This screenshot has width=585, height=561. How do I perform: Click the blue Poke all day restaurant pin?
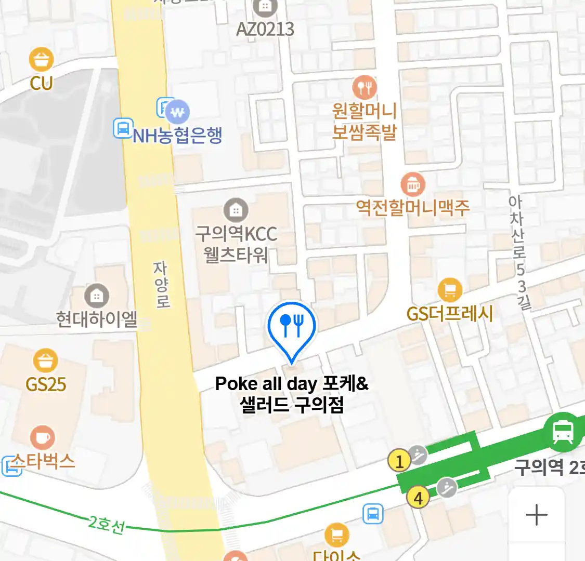pos(292,327)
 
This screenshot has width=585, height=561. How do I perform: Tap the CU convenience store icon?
pos(42,60)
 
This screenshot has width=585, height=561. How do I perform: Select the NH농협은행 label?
pos(177,136)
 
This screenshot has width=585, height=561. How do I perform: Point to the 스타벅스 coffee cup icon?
pos(43,438)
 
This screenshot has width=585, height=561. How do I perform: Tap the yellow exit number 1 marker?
pos(399,461)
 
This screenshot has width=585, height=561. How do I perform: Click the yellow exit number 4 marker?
pos(418,498)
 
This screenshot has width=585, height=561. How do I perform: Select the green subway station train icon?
pos(563,432)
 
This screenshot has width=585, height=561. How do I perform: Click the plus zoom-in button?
pos(536,515)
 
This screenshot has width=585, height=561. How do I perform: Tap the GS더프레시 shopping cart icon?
pos(450,290)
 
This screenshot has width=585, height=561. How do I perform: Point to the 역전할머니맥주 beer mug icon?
pos(413,184)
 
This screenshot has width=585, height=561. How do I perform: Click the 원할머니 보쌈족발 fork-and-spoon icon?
pos(365,87)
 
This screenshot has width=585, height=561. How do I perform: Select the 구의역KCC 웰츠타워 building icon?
pos(236,210)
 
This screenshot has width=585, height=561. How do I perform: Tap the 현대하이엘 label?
pos(97,318)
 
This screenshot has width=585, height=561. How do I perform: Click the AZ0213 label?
pos(265,29)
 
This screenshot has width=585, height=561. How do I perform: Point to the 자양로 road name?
pos(161,284)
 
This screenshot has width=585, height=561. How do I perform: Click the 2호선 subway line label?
pos(107,524)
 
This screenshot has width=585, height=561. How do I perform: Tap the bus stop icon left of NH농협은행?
pos(123,128)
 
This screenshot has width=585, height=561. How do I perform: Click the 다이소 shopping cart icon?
pos(337,535)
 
